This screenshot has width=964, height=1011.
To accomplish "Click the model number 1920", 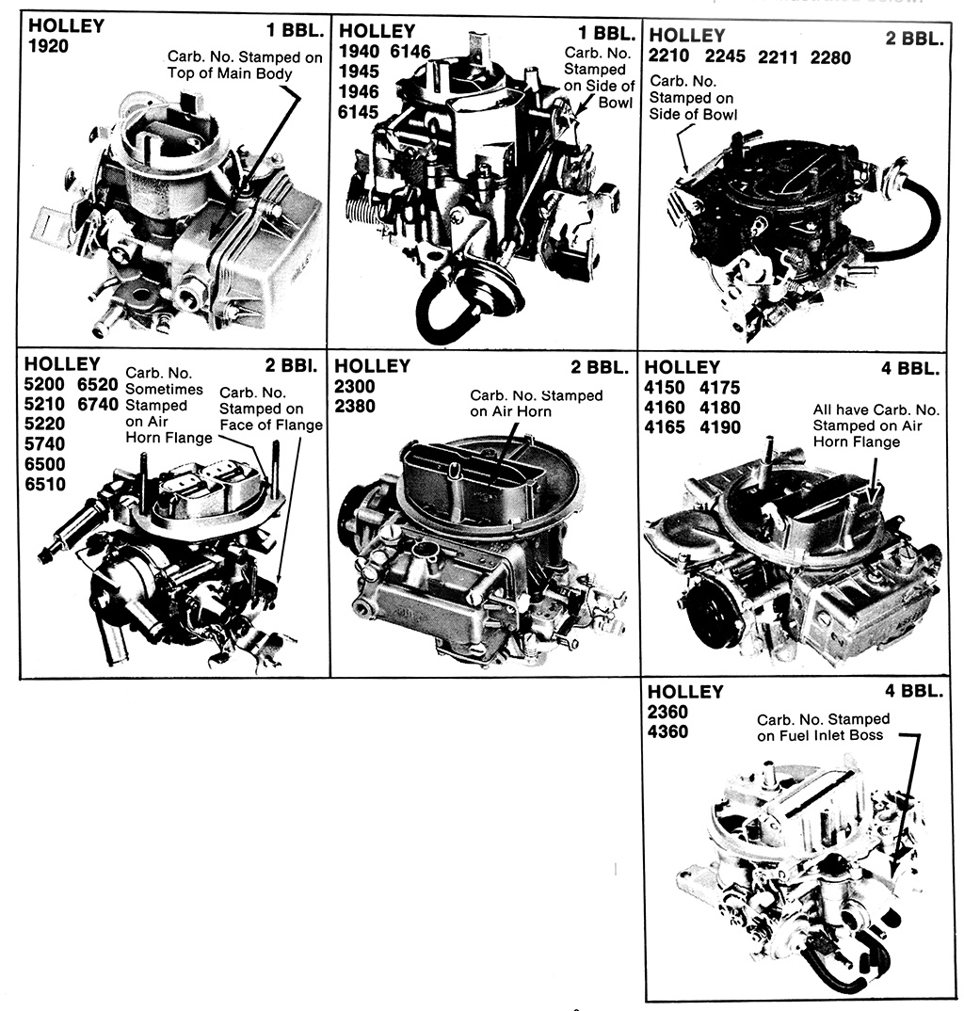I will (48, 45).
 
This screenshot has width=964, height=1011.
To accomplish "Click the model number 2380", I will (355, 407).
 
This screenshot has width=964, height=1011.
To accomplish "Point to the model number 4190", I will (720, 427).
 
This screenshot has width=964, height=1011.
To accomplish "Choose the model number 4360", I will (667, 731).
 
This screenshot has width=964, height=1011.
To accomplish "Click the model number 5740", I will (45, 444).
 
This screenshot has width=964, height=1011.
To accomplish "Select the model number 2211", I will (778, 57).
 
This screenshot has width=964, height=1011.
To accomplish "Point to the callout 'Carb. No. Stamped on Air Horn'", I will (536, 403).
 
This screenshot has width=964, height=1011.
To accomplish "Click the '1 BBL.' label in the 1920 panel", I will (292, 28).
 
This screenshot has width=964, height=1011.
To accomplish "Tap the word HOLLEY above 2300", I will (373, 366).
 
